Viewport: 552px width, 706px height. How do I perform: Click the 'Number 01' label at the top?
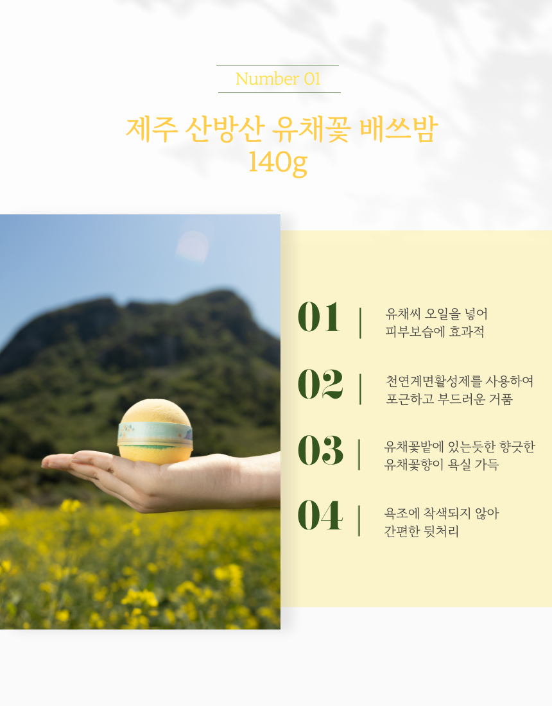278,79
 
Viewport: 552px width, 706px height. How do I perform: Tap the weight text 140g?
277,162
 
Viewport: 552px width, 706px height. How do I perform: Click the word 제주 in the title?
151,129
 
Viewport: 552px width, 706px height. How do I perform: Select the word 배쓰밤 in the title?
399,129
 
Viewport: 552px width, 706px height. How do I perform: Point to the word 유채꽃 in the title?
311,129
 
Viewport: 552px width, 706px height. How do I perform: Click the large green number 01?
319,317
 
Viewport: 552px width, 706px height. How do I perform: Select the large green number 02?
320,384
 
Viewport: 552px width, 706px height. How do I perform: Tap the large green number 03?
320,450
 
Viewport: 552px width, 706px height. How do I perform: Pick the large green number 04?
320,515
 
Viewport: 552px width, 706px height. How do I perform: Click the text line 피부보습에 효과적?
435,332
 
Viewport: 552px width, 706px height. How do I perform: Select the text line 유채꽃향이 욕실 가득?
441,464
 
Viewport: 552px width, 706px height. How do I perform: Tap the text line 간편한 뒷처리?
422,531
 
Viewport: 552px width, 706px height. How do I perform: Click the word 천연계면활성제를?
434,381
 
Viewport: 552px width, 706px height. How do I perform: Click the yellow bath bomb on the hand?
155,431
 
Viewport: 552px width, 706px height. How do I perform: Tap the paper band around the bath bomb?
155,434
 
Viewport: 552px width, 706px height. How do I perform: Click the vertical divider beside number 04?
359,521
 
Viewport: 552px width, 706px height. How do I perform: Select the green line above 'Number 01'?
277,65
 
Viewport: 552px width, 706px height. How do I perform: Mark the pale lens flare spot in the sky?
193,246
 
